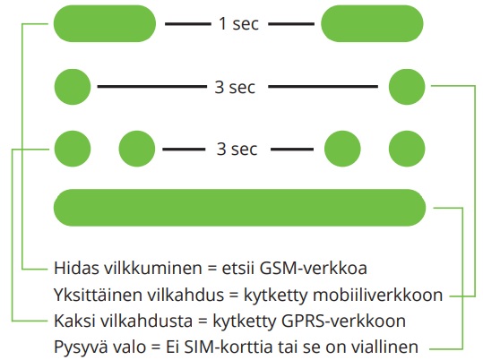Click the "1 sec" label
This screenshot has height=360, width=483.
[238, 23]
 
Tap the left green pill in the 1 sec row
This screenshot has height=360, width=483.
[105, 23]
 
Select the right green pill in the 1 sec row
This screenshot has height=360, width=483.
[372, 23]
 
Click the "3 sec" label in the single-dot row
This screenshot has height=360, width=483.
[235, 87]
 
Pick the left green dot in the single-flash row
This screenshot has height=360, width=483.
[73, 87]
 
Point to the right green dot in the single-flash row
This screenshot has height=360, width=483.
[407, 87]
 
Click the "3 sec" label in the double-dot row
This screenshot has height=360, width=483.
[237, 149]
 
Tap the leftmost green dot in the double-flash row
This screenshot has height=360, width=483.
[73, 149]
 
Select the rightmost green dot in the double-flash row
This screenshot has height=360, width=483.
[407, 149]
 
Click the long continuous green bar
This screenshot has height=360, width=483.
[239, 208]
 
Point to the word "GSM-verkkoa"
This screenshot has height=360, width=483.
[314, 268]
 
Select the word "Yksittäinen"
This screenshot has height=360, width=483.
[98, 295]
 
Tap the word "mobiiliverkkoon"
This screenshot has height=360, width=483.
[378, 295]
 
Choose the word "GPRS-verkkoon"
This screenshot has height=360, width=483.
[343, 321]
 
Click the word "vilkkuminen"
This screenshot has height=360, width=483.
[152, 268]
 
